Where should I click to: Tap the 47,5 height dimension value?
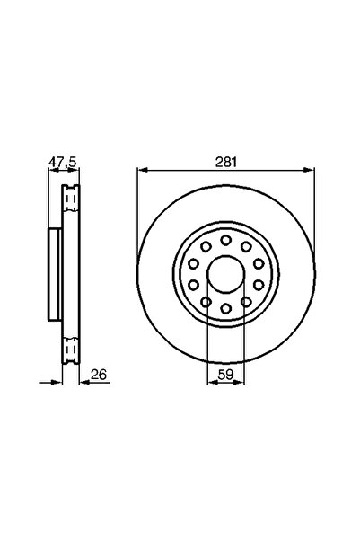(x=60, y=162)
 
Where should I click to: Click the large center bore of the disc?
(x=225, y=275)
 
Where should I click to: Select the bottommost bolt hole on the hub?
(x=225, y=310)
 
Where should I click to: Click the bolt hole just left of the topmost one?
(x=205, y=247)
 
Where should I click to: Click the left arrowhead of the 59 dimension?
(x=212, y=381)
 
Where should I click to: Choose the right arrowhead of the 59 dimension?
(x=239, y=381)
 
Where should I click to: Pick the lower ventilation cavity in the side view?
(x=69, y=345)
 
